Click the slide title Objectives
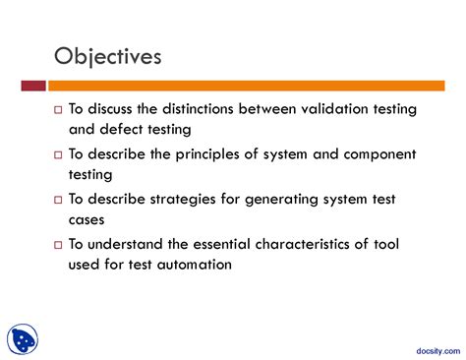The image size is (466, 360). click(107, 56)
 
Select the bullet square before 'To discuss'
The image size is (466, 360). click(58, 109)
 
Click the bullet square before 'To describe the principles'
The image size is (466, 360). click(58, 154)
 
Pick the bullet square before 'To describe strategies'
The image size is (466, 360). click(58, 200)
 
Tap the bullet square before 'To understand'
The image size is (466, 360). click(58, 245)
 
